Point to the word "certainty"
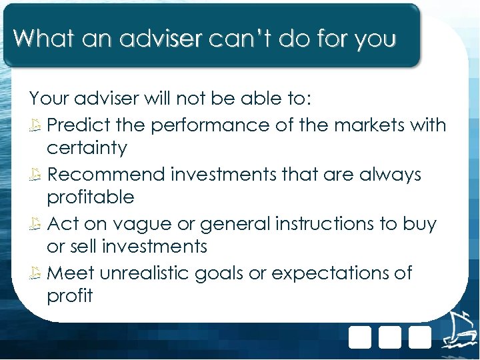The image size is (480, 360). coord(87,148)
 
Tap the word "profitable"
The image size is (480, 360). coord(91,197)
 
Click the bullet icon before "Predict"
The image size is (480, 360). coord(37,125)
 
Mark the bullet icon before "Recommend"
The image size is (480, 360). coord(37,175)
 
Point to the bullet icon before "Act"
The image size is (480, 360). coord(37,224)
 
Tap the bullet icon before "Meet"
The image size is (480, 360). coord(37,273)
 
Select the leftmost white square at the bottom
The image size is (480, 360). coord(360,337)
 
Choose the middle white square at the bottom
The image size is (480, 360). coord(390,337)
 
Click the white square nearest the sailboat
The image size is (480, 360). coord(420,337)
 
